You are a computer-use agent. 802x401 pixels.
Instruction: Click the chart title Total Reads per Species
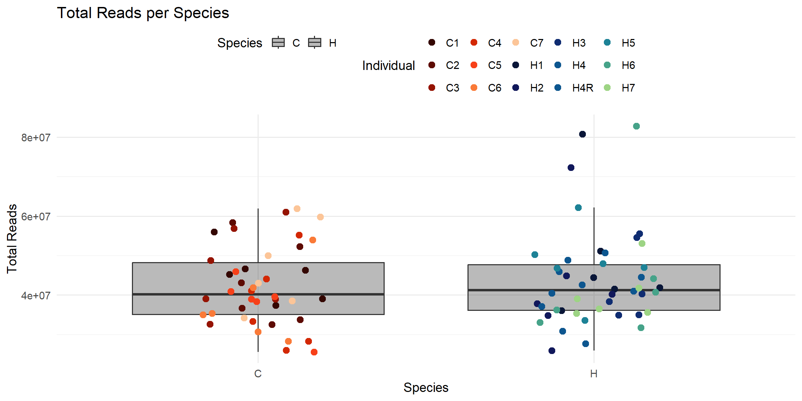point(143,13)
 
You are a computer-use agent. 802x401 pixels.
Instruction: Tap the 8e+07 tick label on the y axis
point(36,138)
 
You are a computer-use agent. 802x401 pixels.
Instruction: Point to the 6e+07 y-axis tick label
point(36,217)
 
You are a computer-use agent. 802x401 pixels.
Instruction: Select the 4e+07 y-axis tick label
point(36,296)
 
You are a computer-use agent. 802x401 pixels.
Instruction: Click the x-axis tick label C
point(258,374)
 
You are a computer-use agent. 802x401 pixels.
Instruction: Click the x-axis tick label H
point(593,374)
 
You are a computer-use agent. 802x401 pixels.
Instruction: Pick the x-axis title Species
point(426,388)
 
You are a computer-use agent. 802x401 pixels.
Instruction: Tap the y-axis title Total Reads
point(12,239)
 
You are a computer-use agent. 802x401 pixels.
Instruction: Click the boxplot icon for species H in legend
point(315,43)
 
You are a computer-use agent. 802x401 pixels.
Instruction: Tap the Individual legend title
point(388,65)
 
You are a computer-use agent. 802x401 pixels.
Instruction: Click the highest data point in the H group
point(636,126)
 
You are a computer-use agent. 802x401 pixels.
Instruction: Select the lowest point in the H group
point(552,351)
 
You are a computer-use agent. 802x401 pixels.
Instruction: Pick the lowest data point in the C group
point(314,352)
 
